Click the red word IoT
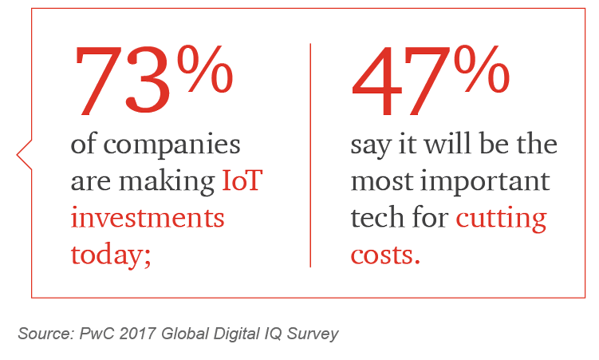pyautogui.click(x=242, y=182)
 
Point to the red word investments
pyautogui.click(x=148, y=217)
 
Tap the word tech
pyautogui.click(x=377, y=217)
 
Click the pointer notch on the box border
pyautogui.click(x=24, y=154)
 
